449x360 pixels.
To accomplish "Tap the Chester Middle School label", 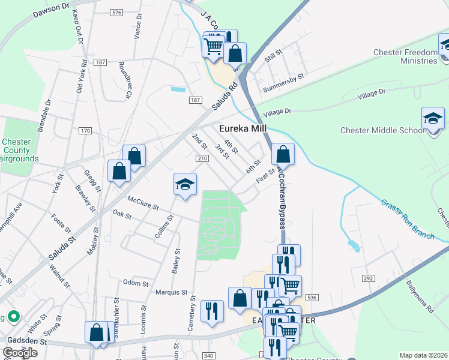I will pyautogui.click(x=382, y=131).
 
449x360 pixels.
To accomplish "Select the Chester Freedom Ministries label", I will pyautogui.click(x=405, y=56).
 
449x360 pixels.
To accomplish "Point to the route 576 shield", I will pyautogui.click(x=116, y=13).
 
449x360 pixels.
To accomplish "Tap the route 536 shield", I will pyautogui.click(x=311, y=298).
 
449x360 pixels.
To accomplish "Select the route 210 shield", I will pyautogui.click(x=202, y=158).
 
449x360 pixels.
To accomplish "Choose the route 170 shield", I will pyautogui.click(x=85, y=130).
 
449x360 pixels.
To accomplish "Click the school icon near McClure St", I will pyautogui.click(x=185, y=184).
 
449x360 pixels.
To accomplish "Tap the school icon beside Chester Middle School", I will pyautogui.click(x=433, y=118).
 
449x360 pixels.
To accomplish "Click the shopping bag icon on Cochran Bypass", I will pyautogui.click(x=283, y=154).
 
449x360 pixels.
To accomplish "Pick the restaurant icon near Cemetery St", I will pyautogui.click(x=212, y=311).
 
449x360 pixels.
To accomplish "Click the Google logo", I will pyautogui.click(x=20, y=353).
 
